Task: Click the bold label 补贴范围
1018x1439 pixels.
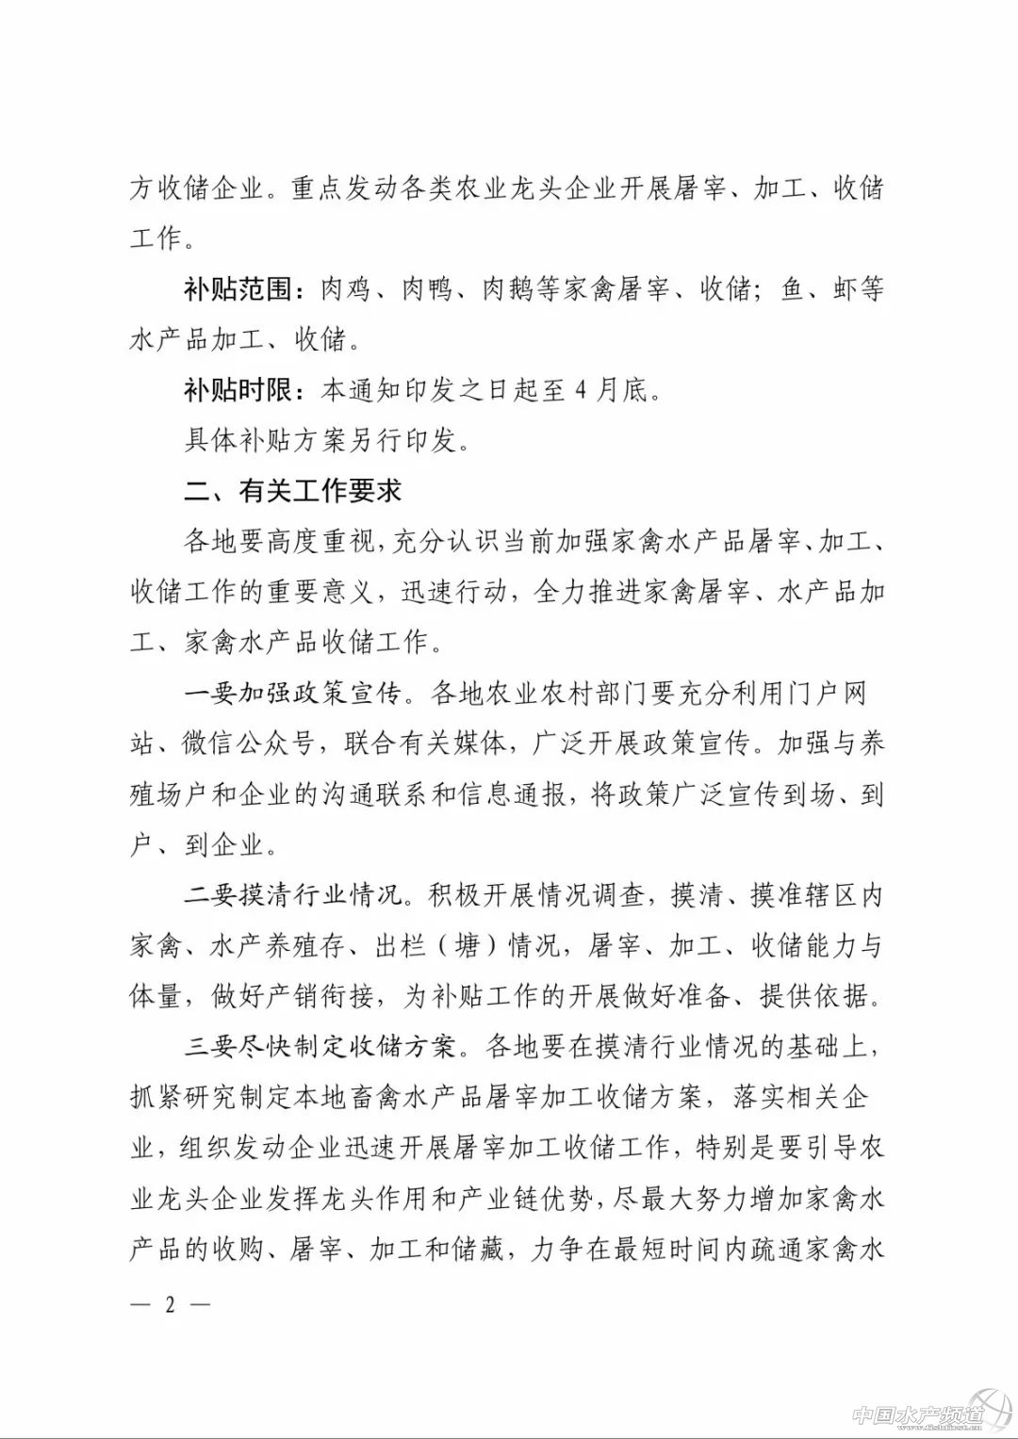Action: point(238,289)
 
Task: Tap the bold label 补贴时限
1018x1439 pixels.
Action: point(238,390)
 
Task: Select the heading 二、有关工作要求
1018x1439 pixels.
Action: point(292,491)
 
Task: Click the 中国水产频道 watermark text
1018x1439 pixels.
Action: point(917,1414)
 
